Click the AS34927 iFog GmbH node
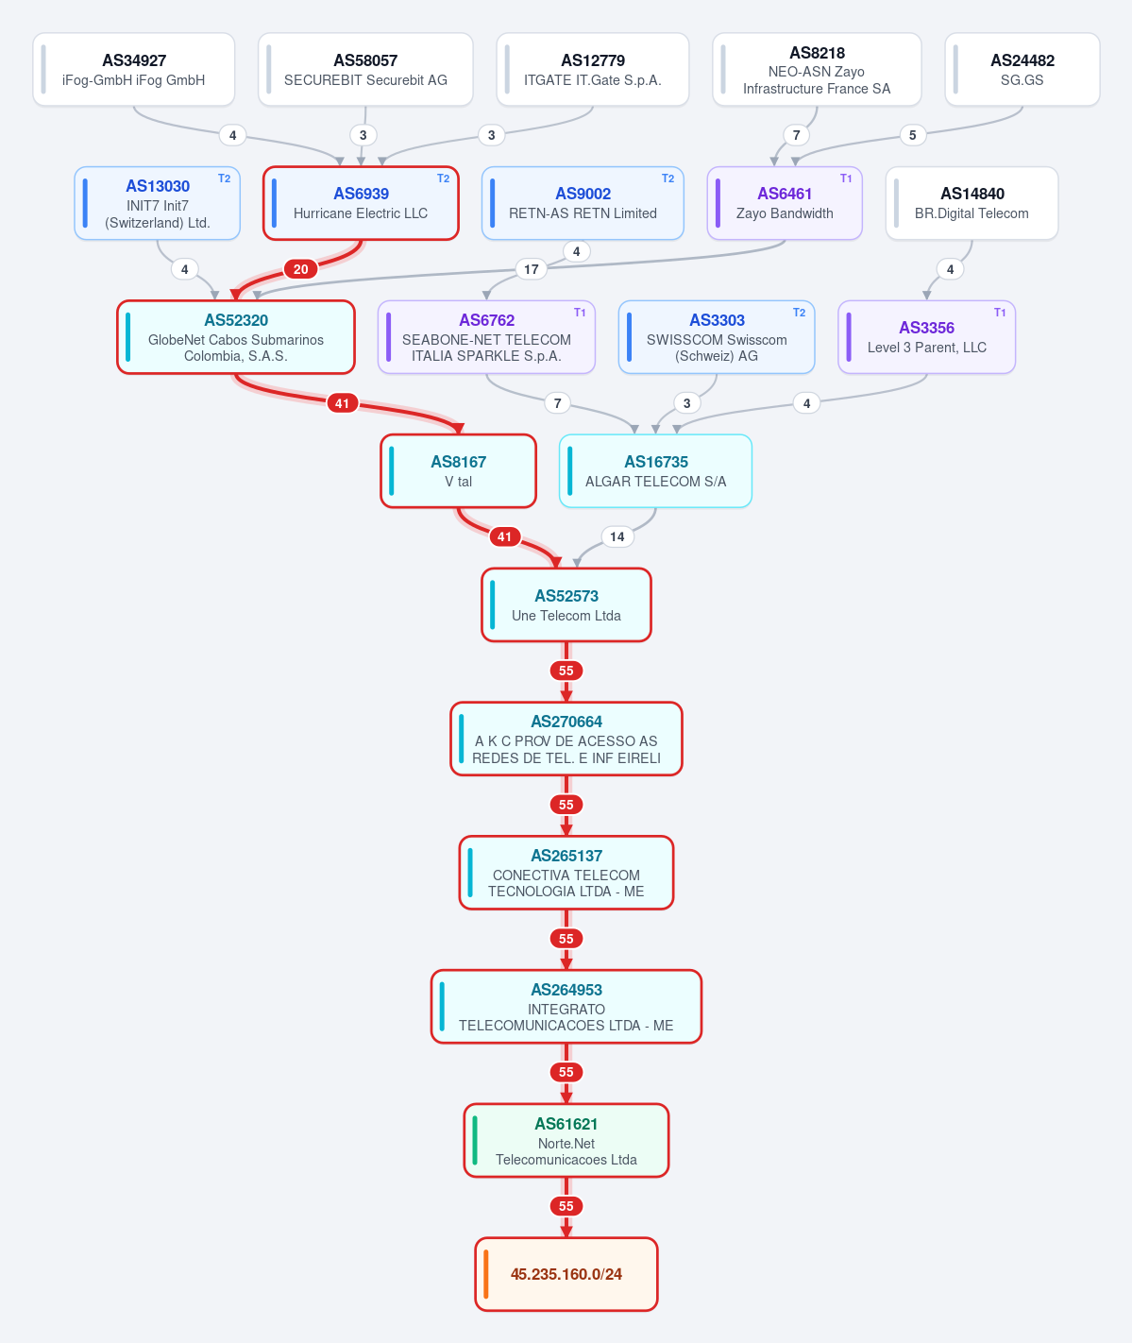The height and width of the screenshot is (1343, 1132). (x=134, y=70)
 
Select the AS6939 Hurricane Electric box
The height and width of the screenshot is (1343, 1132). (x=361, y=203)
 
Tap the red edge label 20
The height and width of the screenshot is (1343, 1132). (x=301, y=269)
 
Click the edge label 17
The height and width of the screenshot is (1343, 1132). (x=532, y=269)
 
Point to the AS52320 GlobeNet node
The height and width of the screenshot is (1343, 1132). (x=236, y=337)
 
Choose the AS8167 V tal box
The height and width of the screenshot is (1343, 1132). (x=459, y=471)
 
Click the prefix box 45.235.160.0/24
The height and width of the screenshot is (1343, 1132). (x=566, y=1274)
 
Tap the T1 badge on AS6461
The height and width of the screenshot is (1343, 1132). (x=846, y=178)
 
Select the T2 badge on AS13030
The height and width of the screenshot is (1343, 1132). (x=224, y=178)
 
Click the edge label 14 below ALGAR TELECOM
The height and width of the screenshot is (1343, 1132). (x=617, y=536)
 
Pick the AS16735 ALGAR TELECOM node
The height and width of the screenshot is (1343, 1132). (x=655, y=471)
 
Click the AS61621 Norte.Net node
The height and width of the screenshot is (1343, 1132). (x=566, y=1140)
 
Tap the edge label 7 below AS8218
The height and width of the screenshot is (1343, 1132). (x=796, y=135)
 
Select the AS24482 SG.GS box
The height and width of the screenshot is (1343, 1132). (x=1022, y=70)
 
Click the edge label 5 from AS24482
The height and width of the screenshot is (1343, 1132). (x=913, y=135)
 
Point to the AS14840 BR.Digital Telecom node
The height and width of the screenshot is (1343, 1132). (x=971, y=203)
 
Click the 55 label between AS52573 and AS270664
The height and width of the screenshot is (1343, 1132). (x=566, y=671)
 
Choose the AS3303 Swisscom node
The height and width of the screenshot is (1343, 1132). (x=717, y=337)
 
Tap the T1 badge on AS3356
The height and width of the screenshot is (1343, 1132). (x=1000, y=312)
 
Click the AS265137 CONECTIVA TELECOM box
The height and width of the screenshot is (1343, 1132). (x=566, y=873)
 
